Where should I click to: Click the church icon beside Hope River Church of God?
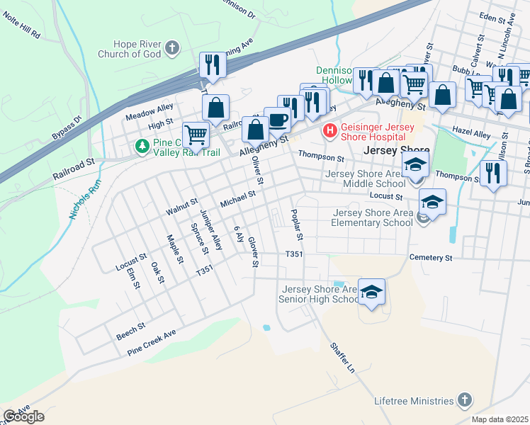[171, 49]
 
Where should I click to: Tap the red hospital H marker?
[329, 130]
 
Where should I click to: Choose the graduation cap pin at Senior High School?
[371, 292]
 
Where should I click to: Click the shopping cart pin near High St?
[196, 133]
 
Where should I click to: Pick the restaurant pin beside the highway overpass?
[212, 65]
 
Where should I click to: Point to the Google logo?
[23, 416]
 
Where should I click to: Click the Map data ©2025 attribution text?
[500, 419]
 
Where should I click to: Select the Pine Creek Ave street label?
[151, 343]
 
